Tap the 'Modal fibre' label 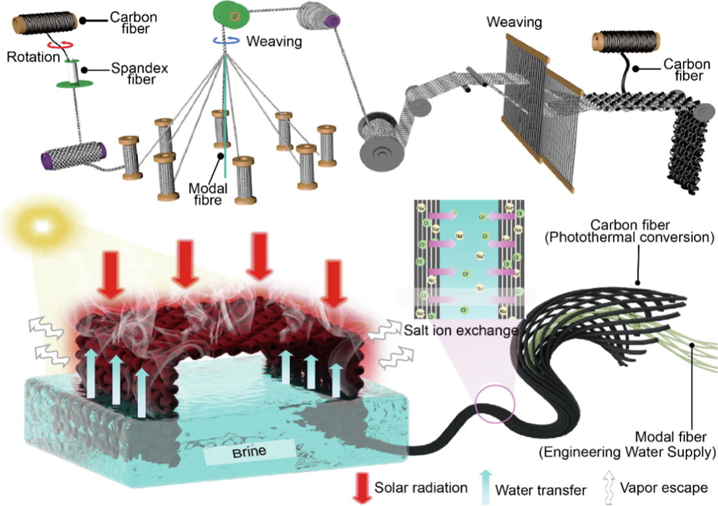(207, 194)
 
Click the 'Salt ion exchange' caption (460, 330)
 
